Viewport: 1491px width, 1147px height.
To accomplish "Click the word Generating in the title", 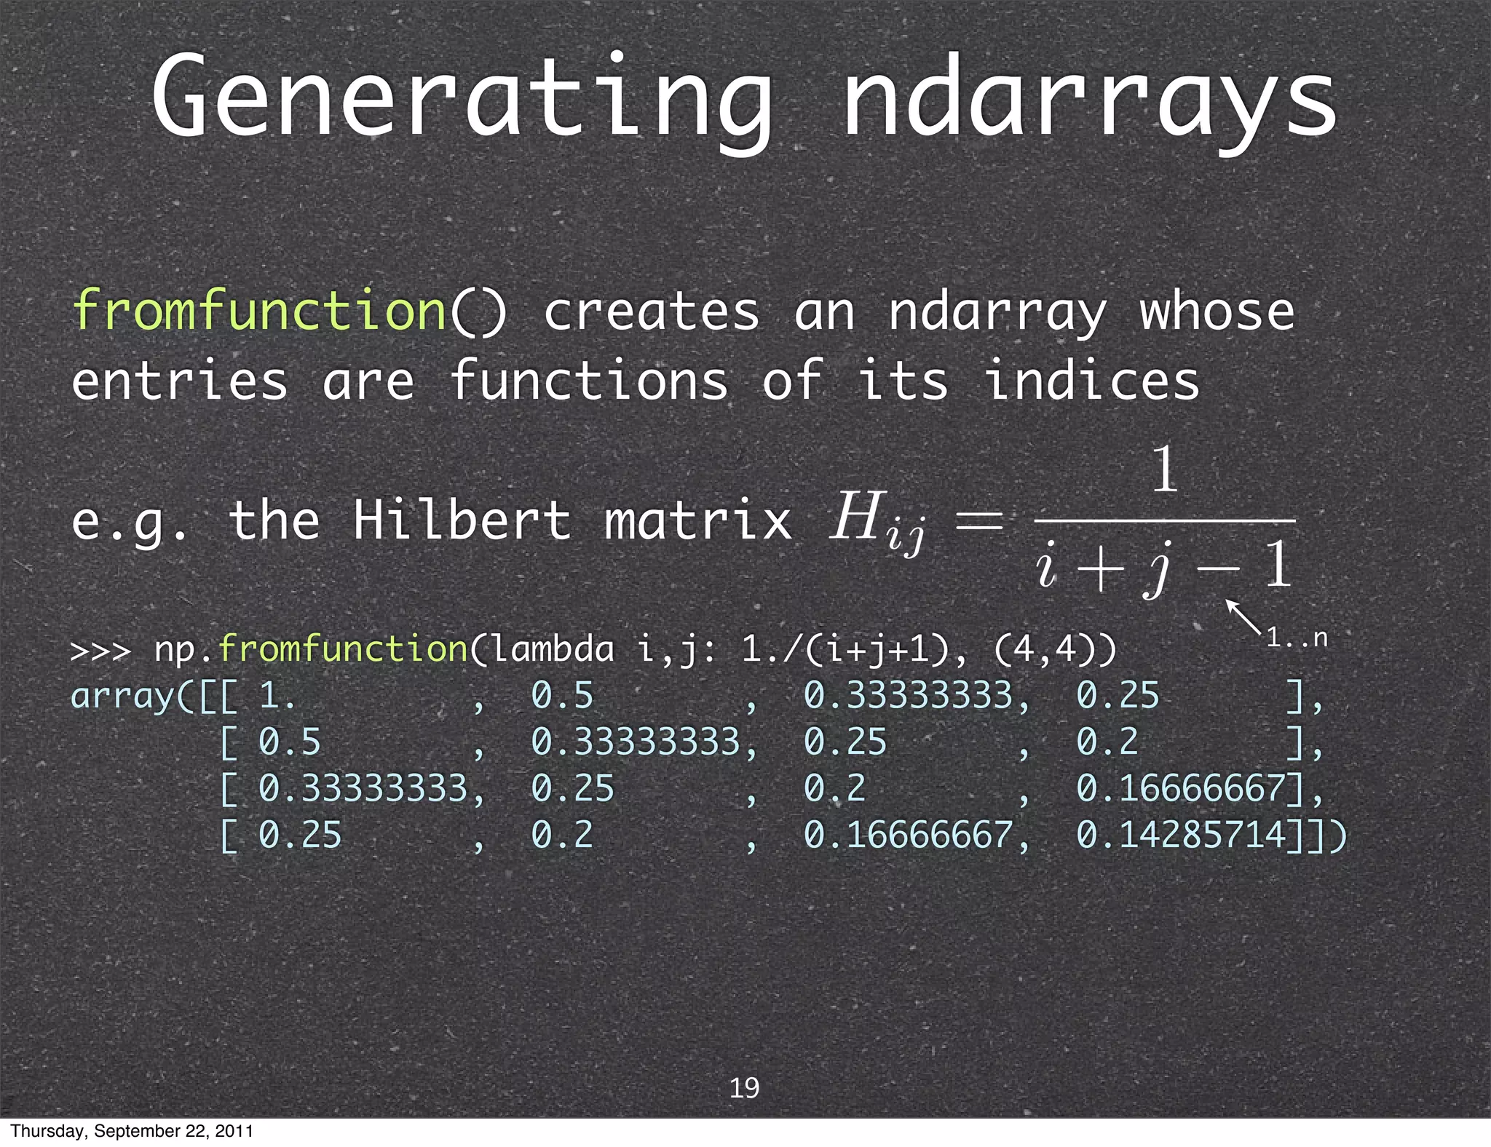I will [462, 98].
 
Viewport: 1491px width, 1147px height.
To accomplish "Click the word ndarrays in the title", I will [1089, 98].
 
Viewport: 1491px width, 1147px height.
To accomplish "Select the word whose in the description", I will [1217, 311].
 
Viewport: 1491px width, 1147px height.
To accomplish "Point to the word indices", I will [1091, 381].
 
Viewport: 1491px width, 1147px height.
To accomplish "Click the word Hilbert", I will [462, 520].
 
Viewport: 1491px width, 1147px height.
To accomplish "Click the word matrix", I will [698, 520].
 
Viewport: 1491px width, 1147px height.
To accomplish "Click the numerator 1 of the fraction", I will [1164, 469].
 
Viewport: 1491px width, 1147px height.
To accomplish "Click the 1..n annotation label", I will [1297, 638].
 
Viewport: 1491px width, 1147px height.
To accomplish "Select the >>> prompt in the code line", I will [100, 650].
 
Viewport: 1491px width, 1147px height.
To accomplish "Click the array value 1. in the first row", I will [277, 696].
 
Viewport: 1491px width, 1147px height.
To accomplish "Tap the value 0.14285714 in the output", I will [1181, 835].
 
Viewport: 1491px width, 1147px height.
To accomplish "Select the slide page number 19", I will [744, 1087].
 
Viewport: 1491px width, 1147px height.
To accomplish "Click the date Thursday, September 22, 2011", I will [132, 1131].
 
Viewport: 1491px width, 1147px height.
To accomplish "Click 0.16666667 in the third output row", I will [1181, 788].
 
